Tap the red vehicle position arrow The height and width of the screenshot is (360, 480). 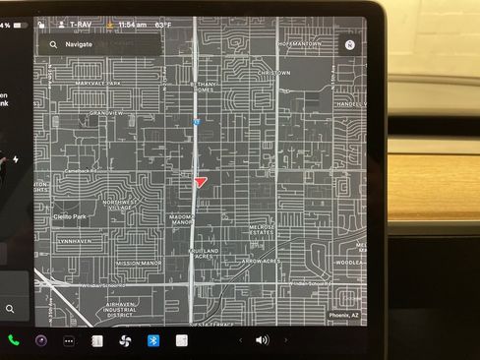pyautogui.click(x=201, y=182)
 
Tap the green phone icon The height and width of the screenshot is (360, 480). pyautogui.click(x=14, y=340)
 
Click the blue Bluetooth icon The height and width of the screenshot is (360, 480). pyautogui.click(x=153, y=340)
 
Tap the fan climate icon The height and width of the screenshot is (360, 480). pyautogui.click(x=125, y=340)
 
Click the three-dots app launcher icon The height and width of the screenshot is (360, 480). pyautogui.click(x=69, y=340)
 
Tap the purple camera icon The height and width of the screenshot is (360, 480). pyautogui.click(x=41, y=340)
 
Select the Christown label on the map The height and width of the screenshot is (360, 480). pyautogui.click(x=273, y=73)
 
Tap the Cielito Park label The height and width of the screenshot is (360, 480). pyautogui.click(x=70, y=216)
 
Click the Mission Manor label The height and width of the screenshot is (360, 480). pyautogui.click(x=139, y=263)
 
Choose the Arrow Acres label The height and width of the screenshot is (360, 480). pyautogui.click(x=261, y=262)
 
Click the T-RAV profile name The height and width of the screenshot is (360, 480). pyautogui.click(x=84, y=22)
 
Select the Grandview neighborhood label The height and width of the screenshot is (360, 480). pyautogui.click(x=106, y=113)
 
